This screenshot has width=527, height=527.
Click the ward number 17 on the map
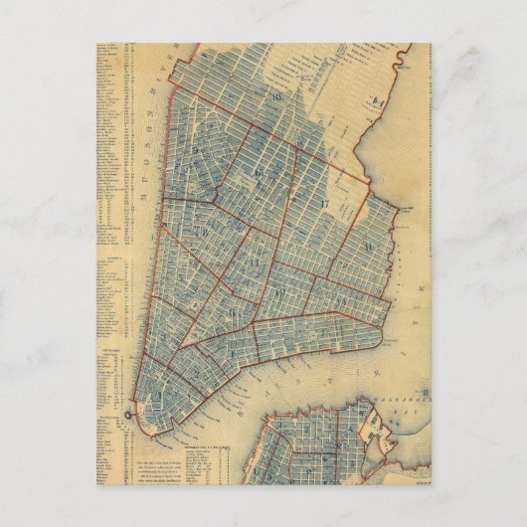[325, 203]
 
